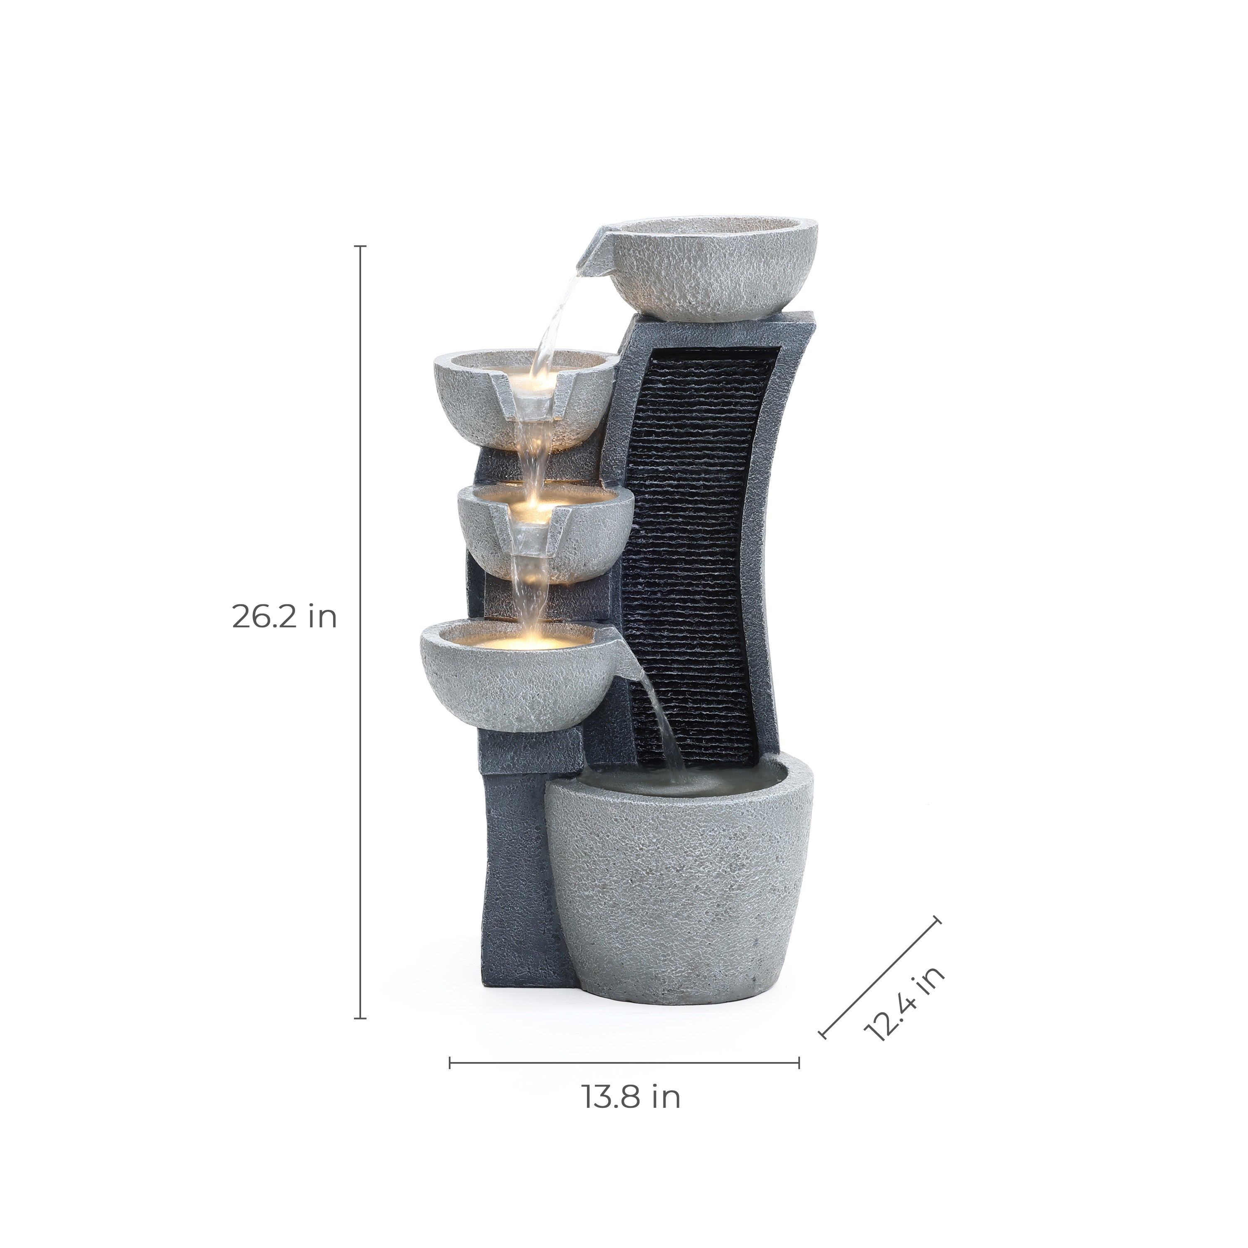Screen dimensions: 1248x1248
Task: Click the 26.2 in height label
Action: click(284, 617)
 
